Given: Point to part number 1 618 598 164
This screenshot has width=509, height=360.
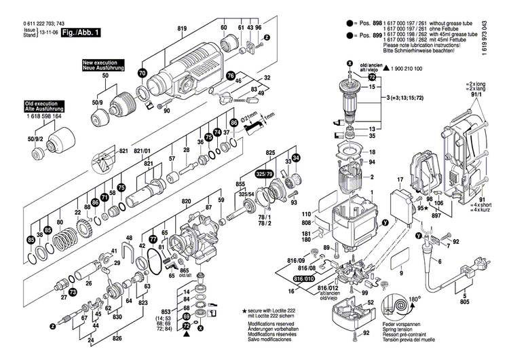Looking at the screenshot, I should (x=35, y=116).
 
